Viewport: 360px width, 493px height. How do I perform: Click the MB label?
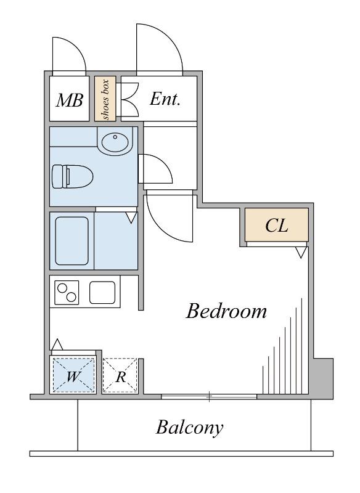(70, 100)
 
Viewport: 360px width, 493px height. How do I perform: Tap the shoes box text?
(105, 100)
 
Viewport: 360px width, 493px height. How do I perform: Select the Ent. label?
(165, 99)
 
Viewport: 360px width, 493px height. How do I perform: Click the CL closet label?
(277, 226)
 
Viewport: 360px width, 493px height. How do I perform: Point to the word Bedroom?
(226, 311)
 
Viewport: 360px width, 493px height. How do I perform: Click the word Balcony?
(190, 427)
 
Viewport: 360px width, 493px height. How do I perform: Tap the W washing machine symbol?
(73, 375)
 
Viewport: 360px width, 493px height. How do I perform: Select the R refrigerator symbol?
(120, 375)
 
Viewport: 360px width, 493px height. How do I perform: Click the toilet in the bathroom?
(73, 176)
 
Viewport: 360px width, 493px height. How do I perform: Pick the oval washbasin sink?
(115, 142)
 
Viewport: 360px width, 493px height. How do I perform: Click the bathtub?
(72, 241)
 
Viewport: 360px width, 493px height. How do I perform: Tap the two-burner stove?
(67, 293)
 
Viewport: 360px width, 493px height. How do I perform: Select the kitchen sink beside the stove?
(102, 292)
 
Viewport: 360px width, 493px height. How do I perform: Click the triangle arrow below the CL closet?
(301, 253)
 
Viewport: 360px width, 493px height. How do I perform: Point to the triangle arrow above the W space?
(57, 344)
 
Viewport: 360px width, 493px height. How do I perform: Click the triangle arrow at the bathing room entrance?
(131, 218)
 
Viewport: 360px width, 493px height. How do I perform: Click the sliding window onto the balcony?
(209, 397)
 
